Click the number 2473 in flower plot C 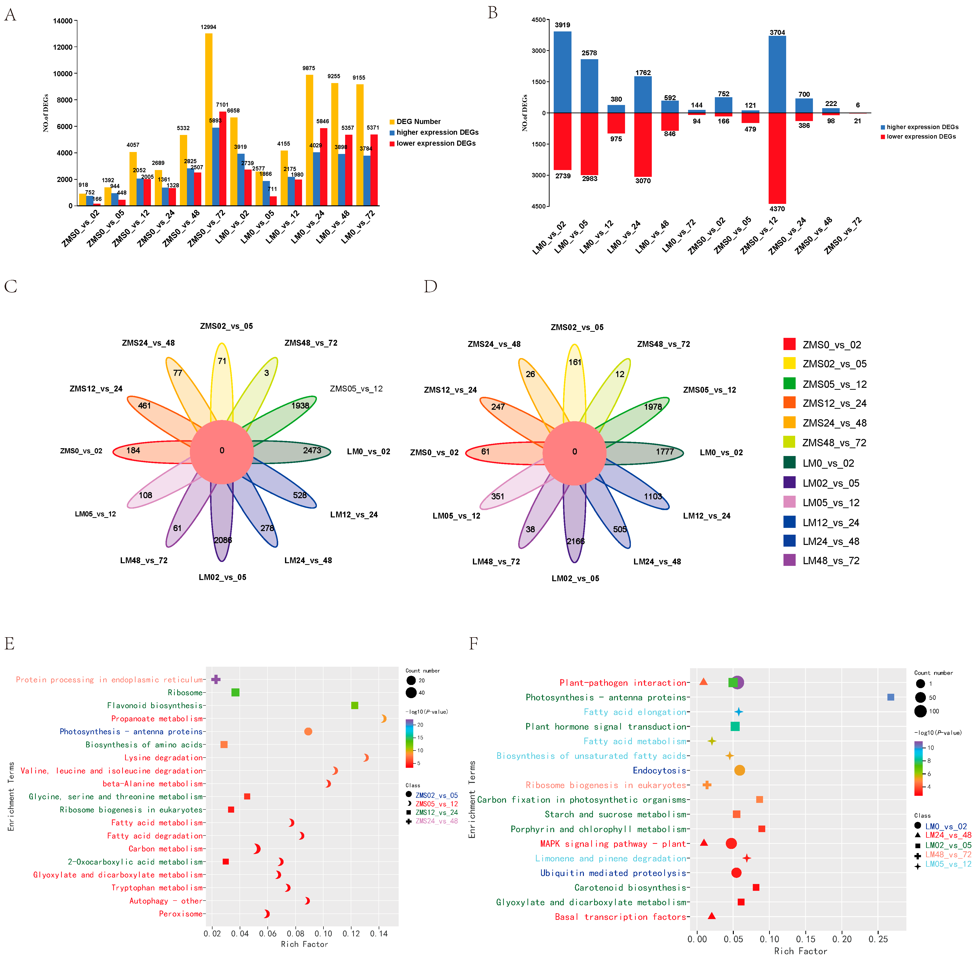[x=312, y=450]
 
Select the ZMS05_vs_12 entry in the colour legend [x=834, y=384]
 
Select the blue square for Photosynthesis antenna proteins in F [x=890, y=697]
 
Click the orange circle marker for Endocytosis [x=739, y=770]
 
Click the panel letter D [x=430, y=286]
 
